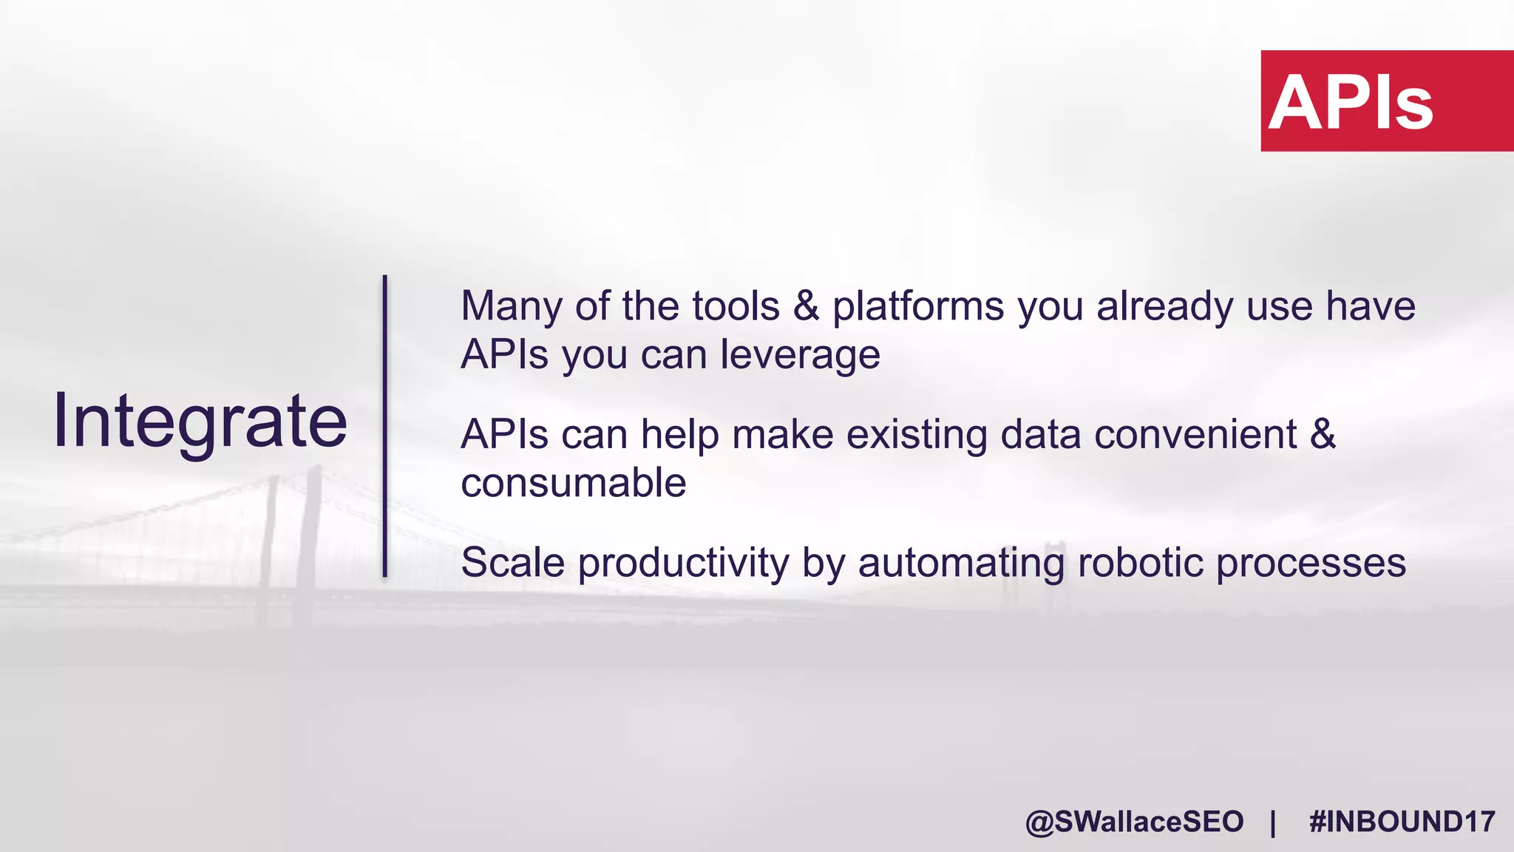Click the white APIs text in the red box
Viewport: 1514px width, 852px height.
tap(1351, 103)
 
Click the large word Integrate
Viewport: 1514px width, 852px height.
tap(200, 421)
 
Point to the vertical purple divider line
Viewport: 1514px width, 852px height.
tap(385, 426)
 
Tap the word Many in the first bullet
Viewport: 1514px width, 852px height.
tap(511, 306)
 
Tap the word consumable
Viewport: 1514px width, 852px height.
tap(574, 483)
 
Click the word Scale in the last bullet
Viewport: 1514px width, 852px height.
tap(513, 563)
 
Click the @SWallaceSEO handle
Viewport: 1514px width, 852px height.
tap(1134, 822)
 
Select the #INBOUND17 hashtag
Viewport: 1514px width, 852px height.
tap(1402, 822)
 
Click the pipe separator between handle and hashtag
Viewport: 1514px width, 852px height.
tap(1273, 822)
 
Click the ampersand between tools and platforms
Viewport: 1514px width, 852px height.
tap(806, 306)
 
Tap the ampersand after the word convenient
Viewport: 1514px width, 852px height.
tap(1323, 434)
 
